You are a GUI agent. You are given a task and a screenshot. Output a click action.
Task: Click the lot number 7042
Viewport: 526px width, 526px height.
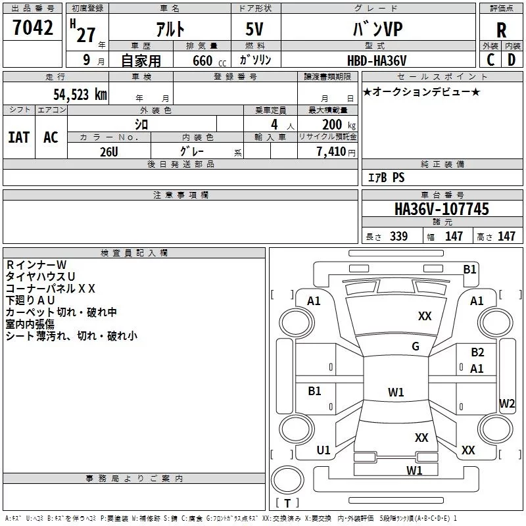(x=33, y=28)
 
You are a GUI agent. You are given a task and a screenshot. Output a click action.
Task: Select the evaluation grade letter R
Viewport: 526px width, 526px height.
(x=501, y=30)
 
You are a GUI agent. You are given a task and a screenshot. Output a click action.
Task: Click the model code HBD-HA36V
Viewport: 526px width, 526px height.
(x=377, y=60)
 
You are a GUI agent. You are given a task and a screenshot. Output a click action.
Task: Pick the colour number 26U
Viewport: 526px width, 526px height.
(x=108, y=151)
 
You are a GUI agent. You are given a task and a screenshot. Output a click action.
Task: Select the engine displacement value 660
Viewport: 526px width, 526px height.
(x=202, y=60)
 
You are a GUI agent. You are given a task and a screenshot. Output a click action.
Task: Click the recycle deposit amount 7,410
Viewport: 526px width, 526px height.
(x=331, y=152)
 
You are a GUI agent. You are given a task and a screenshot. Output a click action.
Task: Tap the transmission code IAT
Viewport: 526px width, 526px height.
(x=18, y=137)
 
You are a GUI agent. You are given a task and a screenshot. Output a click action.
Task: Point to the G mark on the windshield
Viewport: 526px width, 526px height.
(x=416, y=347)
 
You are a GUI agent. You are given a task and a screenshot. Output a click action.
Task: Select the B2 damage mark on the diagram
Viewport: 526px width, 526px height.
(x=477, y=352)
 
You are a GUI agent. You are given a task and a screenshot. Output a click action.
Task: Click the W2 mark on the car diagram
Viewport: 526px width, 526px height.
(x=507, y=403)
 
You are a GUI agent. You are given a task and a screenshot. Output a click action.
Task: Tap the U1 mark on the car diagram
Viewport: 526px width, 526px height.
(x=323, y=450)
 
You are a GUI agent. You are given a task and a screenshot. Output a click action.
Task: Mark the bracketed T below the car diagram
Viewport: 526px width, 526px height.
(x=287, y=504)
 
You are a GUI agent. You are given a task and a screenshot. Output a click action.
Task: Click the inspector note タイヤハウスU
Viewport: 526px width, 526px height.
(x=40, y=277)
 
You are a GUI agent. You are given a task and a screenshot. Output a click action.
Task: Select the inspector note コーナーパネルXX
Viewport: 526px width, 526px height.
(x=51, y=289)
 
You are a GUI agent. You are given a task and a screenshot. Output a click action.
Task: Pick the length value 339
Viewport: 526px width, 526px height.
(x=398, y=237)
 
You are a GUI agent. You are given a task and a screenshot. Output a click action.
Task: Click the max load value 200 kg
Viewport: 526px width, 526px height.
(x=333, y=124)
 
